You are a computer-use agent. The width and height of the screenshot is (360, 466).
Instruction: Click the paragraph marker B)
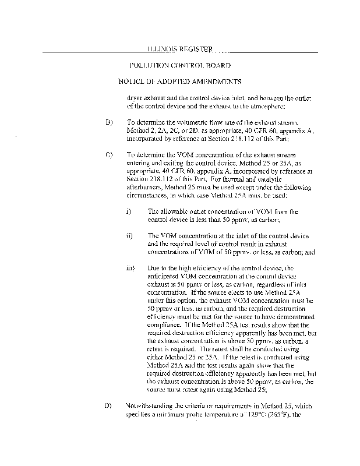coord(109,123)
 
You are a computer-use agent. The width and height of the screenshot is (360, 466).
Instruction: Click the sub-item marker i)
coord(129,211)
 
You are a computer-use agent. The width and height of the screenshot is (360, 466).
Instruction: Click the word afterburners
coord(146,188)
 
